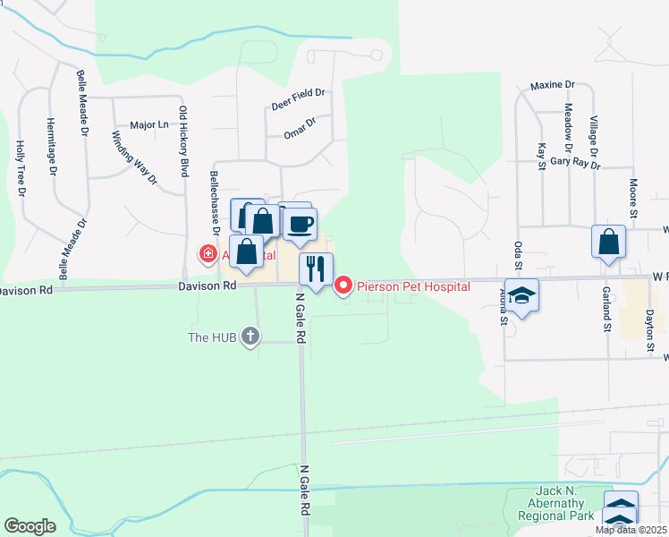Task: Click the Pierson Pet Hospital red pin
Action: [x=343, y=286]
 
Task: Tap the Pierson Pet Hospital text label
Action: [x=413, y=286]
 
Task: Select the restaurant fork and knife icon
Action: [x=315, y=269]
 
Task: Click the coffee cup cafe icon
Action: [x=301, y=224]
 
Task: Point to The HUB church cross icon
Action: [x=250, y=337]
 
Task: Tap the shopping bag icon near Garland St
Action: [x=608, y=242]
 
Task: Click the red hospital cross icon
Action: [x=208, y=254]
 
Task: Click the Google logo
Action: [x=30, y=525]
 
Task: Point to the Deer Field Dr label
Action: [x=298, y=98]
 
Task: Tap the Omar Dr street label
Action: [x=301, y=127]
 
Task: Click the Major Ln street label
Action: [x=148, y=125]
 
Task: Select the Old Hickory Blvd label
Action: [x=184, y=141]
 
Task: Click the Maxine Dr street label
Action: [x=552, y=85]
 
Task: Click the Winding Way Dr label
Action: [x=134, y=158]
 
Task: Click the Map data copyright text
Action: [x=631, y=530]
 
